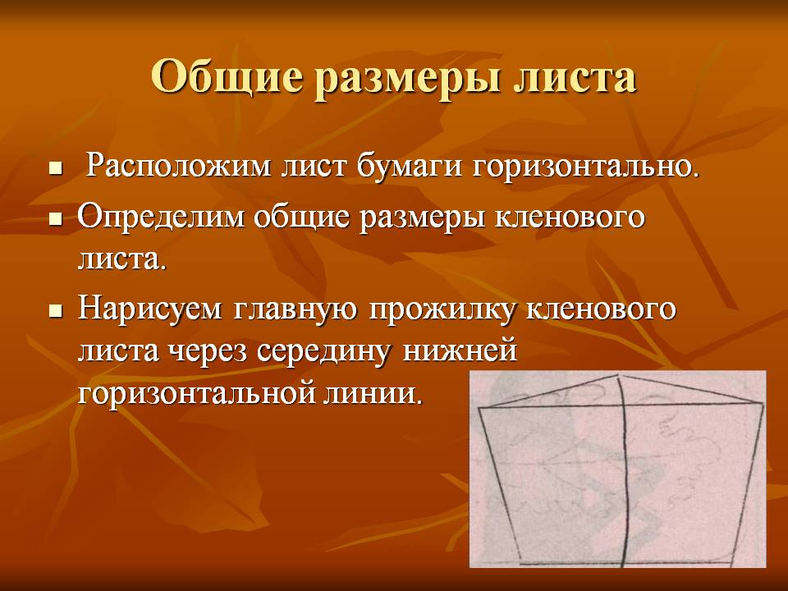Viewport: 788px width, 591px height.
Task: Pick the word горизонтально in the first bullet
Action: pyautogui.click(x=584, y=167)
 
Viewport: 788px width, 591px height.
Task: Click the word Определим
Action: pyautogui.click(x=159, y=218)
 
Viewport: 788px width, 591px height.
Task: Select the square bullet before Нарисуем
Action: pyautogui.click(x=56, y=311)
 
